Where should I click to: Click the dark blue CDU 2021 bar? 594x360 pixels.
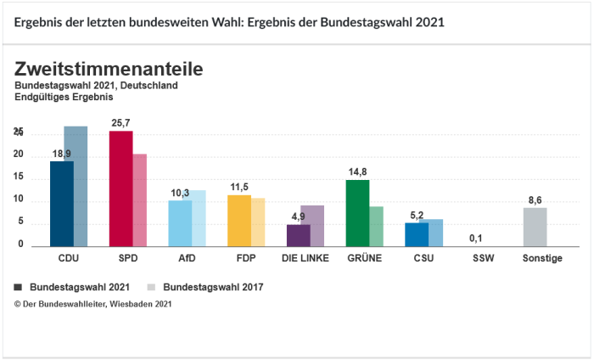click(61, 203)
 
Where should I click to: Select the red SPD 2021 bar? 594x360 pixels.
click(120, 188)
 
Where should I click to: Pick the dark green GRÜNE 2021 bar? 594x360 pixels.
click(358, 212)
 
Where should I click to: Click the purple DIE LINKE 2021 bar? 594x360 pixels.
click(299, 234)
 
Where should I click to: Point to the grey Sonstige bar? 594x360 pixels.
click(535, 226)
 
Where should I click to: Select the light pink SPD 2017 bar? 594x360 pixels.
click(140, 200)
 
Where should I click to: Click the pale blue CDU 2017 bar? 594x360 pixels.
click(76, 186)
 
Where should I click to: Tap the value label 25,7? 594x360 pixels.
click(120, 123)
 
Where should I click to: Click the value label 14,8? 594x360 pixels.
click(357, 172)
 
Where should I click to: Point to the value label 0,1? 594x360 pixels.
click(476, 238)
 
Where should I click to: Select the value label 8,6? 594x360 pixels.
click(535, 200)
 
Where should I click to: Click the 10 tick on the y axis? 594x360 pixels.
click(19, 201)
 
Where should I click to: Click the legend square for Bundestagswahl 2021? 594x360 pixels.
click(20, 287)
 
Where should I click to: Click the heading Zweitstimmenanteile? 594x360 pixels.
click(108, 68)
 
